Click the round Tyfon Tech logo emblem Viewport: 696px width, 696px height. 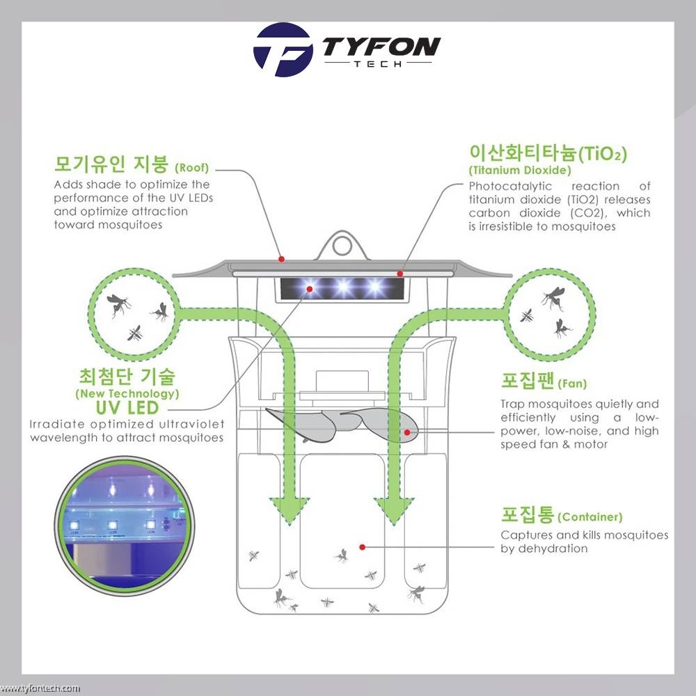(283, 49)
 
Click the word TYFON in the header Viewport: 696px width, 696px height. (381, 46)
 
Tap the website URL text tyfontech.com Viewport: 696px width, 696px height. (40, 688)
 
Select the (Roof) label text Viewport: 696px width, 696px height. (192, 168)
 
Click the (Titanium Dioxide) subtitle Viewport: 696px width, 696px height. (520, 170)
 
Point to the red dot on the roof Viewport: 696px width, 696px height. (281, 259)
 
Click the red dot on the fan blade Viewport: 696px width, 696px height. (407, 432)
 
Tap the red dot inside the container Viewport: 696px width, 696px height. (362, 547)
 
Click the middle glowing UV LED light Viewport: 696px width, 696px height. (343, 287)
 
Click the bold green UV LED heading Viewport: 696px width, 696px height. (127, 407)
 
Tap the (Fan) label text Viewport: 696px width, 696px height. (572, 383)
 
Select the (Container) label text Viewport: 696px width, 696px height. (590, 517)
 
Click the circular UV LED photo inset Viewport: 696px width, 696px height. (125, 526)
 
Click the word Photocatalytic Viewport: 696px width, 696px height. (510, 187)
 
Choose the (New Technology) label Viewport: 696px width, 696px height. (127, 394)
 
